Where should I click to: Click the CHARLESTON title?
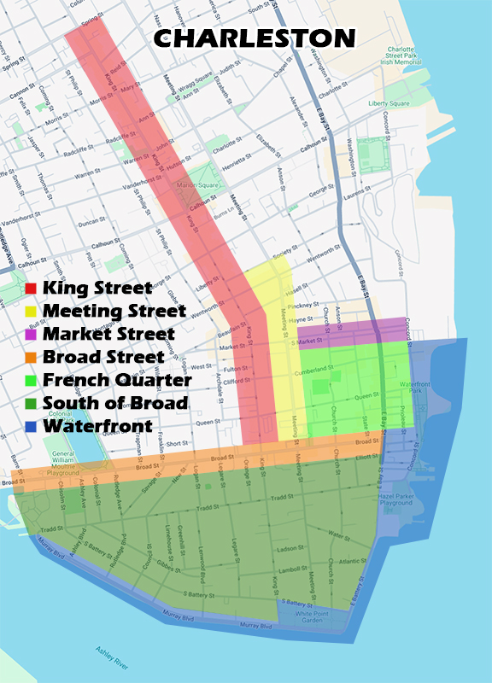[255, 38]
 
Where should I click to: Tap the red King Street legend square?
[31, 289]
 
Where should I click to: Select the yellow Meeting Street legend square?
[31, 311]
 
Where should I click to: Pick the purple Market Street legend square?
[31, 334]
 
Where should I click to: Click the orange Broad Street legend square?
[31, 357]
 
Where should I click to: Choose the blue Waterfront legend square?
[31, 425]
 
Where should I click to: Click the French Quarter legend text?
[117, 380]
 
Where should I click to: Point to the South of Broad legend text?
[116, 403]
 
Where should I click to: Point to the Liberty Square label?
[389, 104]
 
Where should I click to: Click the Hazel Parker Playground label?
[395, 499]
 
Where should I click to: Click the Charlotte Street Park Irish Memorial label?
[401, 55]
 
